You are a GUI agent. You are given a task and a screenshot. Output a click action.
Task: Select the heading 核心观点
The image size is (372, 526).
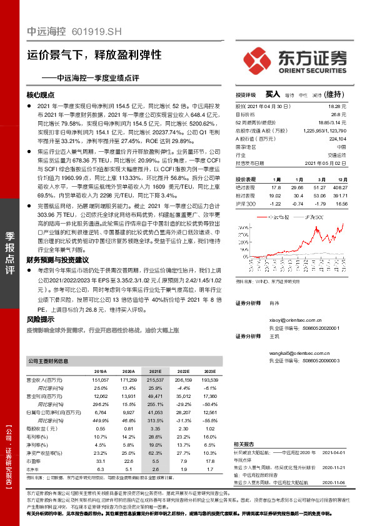coord(41,94)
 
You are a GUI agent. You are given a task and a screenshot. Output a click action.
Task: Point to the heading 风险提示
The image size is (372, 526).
coord(41,319)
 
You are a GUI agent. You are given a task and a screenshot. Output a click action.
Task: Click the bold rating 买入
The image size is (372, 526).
coord(273,94)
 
